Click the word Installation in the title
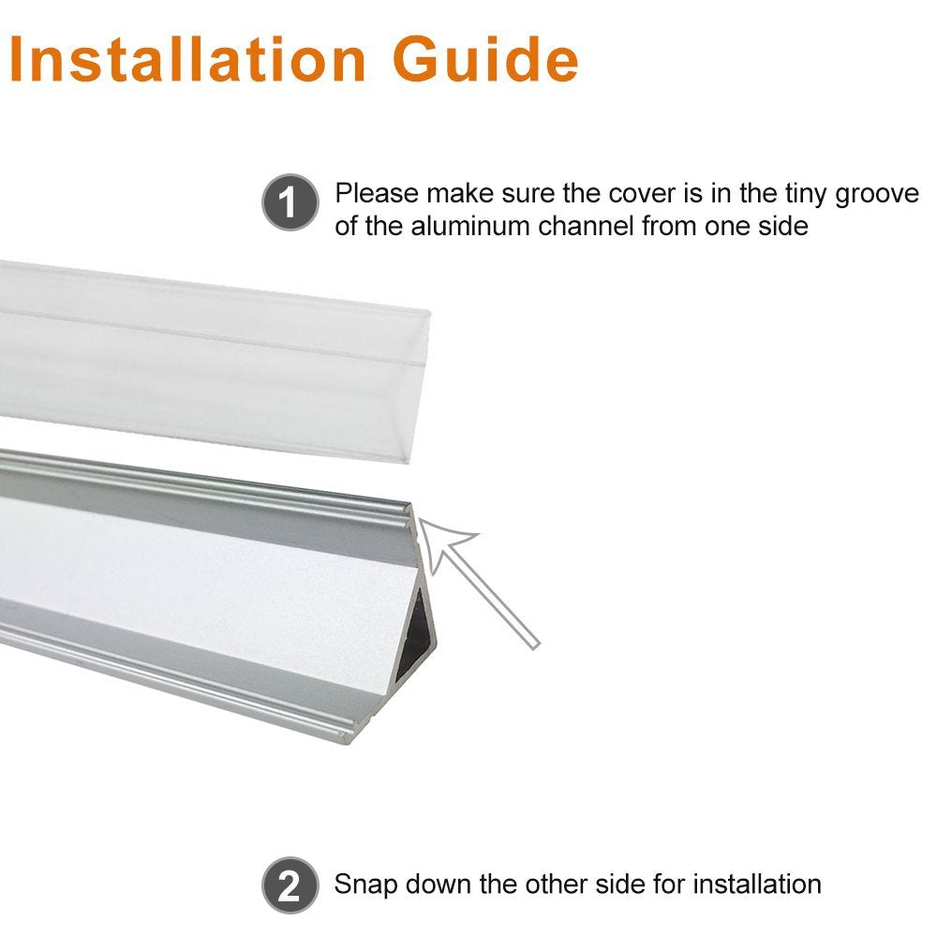point(187,59)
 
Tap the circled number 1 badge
point(290,203)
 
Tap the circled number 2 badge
point(290,885)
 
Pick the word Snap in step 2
point(366,884)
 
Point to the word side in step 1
point(781,226)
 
